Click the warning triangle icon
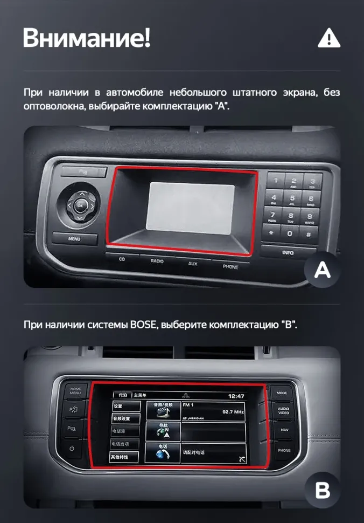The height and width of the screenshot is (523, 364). tap(329, 38)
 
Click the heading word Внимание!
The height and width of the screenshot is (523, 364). tap(87, 38)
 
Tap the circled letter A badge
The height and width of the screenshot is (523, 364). tap(323, 270)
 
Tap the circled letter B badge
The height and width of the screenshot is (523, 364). tap(323, 491)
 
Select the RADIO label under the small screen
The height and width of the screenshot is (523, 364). tap(157, 261)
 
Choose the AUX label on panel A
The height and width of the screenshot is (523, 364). tap(193, 264)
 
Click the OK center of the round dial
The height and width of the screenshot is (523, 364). tap(80, 205)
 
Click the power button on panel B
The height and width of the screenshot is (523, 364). tap(72, 449)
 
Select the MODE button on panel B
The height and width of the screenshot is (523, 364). tap(282, 393)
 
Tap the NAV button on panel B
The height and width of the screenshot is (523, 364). tap(284, 430)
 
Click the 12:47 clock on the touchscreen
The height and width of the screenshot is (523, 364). tap(236, 396)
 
